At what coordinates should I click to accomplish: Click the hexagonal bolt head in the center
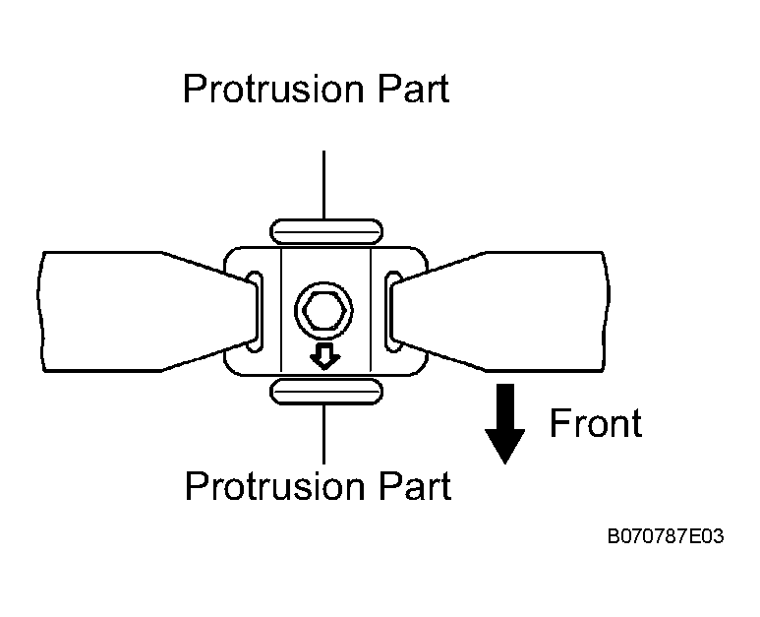tap(323, 310)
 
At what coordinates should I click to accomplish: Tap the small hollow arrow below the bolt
tap(324, 356)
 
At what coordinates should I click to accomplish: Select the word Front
tap(596, 423)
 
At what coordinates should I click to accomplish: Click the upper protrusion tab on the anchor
tap(326, 231)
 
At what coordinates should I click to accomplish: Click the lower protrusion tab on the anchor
tap(326, 392)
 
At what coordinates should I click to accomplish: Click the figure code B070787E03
tap(666, 536)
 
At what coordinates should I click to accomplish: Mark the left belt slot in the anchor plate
tap(256, 312)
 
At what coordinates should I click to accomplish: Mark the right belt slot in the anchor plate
tap(392, 312)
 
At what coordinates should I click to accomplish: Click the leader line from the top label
tap(323, 185)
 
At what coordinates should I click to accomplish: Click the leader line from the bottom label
tap(323, 434)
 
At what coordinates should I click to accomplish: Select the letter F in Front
tap(560, 423)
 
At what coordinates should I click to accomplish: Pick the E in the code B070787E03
tap(694, 536)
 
